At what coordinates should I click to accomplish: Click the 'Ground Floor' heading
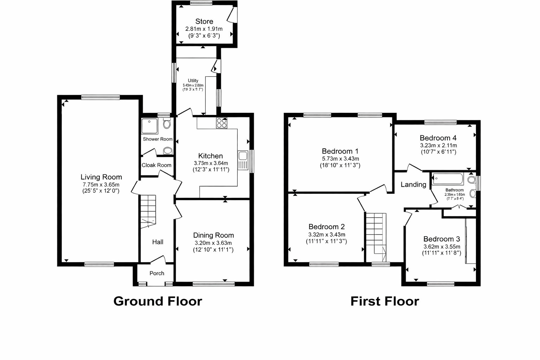point(157,301)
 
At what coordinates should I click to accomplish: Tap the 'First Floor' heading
point(385,301)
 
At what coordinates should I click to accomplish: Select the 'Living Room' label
point(101,177)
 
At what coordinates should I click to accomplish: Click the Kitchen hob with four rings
point(221,123)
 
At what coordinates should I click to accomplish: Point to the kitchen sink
point(243,160)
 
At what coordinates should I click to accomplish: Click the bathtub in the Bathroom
point(448,179)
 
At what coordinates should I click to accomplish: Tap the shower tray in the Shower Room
point(149,126)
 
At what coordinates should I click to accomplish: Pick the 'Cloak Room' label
point(156,165)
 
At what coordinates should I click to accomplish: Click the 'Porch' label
point(157,273)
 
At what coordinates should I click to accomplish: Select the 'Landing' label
point(413,185)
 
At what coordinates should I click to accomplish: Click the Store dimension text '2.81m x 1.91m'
point(204,29)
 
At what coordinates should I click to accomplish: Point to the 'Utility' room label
point(193,81)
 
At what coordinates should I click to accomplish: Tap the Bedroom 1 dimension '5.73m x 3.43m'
point(340,159)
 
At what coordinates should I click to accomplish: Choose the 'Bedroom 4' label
point(438,138)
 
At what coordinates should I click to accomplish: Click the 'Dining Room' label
point(213,235)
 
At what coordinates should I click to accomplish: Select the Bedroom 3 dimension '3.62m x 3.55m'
point(442,246)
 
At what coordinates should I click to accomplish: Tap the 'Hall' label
point(157,242)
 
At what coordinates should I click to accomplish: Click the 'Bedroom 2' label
point(327,227)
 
